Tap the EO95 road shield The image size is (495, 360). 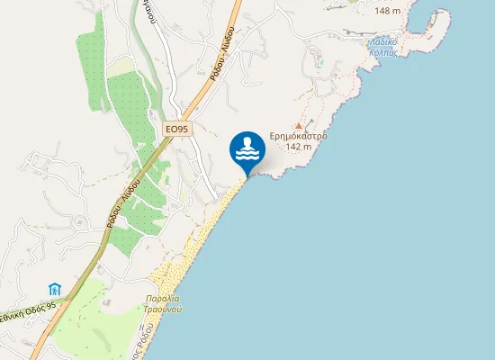coord(177,130)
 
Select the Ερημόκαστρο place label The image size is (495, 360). coord(298,137)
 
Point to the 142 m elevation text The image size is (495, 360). coord(298,147)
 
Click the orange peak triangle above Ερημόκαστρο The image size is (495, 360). coord(298,126)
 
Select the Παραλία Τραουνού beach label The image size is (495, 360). coord(163,301)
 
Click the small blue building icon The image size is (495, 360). coord(55,289)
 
